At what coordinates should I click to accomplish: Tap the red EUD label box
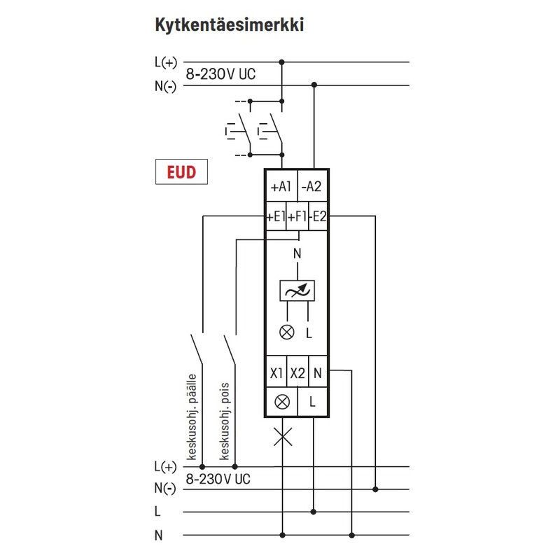[x=181, y=172]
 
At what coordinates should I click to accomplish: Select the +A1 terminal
[x=280, y=187]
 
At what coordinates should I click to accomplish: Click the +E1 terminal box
[x=275, y=217]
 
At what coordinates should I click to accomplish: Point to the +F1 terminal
[x=297, y=217]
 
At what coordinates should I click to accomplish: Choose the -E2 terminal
[x=318, y=217]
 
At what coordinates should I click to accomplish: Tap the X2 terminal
[x=298, y=374]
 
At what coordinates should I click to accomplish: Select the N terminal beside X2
[x=318, y=374]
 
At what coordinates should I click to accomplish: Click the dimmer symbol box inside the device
[x=297, y=290]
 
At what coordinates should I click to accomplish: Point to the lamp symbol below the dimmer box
[x=286, y=332]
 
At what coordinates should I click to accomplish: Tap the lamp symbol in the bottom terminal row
[x=283, y=402]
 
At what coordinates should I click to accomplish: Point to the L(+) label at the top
[x=165, y=62]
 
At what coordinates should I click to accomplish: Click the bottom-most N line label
[x=158, y=535]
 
